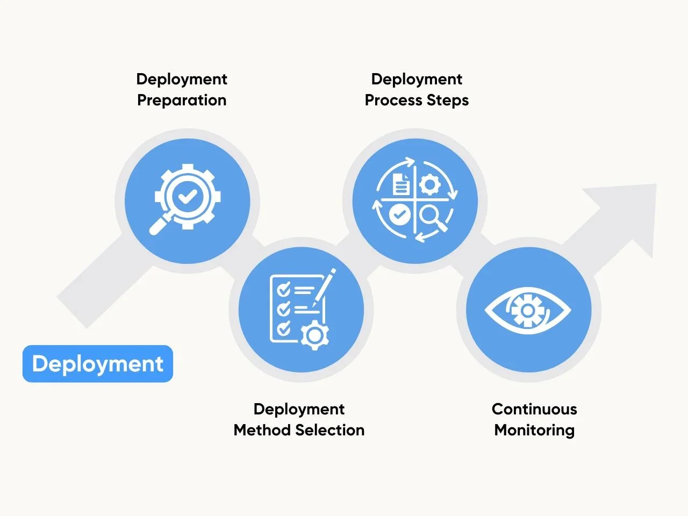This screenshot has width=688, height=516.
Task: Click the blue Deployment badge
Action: (x=98, y=364)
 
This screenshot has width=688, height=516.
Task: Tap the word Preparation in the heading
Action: (x=182, y=101)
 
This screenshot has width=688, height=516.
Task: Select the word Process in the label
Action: (x=393, y=101)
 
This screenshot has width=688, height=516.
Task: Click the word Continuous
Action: (x=534, y=409)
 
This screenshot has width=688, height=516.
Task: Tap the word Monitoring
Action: (x=534, y=431)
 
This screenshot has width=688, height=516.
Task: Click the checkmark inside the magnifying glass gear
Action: (x=188, y=197)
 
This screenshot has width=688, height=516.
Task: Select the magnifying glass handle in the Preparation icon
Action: (x=160, y=225)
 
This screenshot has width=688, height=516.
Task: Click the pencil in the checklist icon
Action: (x=324, y=287)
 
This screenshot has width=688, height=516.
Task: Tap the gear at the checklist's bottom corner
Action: (x=314, y=335)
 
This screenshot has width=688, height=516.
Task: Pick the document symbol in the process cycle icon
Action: (x=401, y=185)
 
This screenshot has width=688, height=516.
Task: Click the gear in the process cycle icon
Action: (x=429, y=184)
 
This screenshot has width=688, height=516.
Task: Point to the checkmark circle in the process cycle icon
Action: (x=400, y=214)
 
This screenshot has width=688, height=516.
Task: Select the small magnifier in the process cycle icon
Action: (x=433, y=219)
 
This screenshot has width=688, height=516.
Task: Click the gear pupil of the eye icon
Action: (x=528, y=311)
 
